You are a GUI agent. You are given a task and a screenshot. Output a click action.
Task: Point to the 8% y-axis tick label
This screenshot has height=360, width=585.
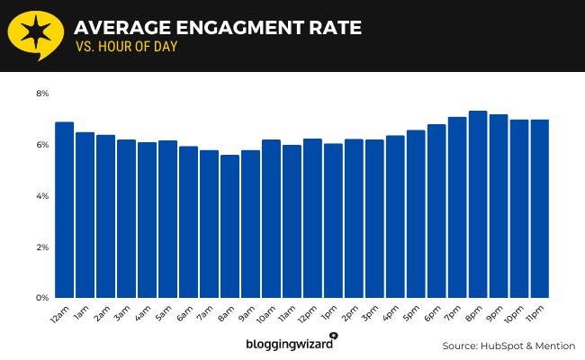tap(42, 94)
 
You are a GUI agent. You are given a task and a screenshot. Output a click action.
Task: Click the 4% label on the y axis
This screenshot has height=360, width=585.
tap(42, 196)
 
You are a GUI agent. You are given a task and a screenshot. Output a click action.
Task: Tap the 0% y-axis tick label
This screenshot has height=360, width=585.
tap(42, 298)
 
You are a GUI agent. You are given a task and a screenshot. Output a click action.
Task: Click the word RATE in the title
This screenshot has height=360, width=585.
tap(332, 28)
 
